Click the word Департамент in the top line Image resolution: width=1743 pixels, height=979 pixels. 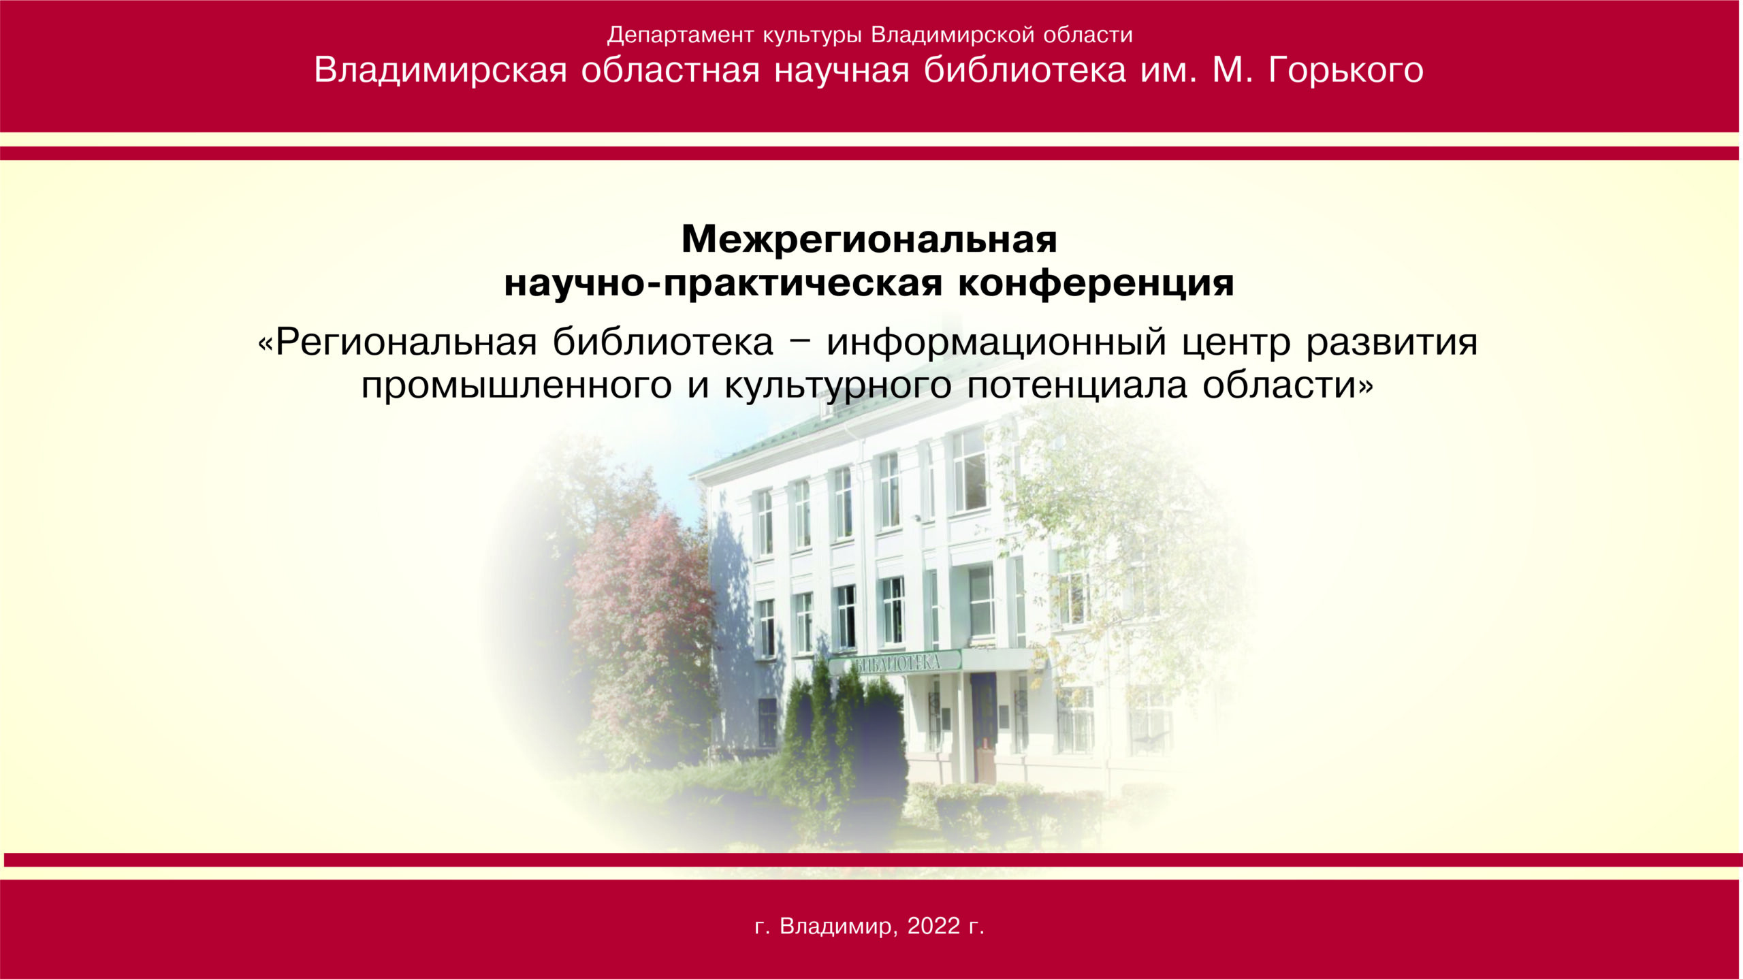pyautogui.click(x=681, y=35)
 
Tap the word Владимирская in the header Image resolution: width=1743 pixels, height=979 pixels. pyautogui.click(x=441, y=70)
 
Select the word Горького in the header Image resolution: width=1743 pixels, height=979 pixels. pyautogui.click(x=1345, y=70)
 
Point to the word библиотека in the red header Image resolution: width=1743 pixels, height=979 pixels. pyautogui.click(x=1025, y=69)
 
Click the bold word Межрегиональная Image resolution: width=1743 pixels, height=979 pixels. pyautogui.click(x=869, y=239)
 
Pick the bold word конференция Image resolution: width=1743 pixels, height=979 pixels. pyautogui.click(x=1096, y=283)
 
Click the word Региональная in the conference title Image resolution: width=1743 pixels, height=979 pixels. pyautogui.click(x=406, y=342)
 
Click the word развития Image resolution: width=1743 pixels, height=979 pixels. pyautogui.click(x=1392, y=343)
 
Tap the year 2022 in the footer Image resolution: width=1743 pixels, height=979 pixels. pyautogui.click(x=933, y=926)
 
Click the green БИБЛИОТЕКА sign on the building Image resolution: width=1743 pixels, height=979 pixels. pyautogui.click(x=894, y=662)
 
